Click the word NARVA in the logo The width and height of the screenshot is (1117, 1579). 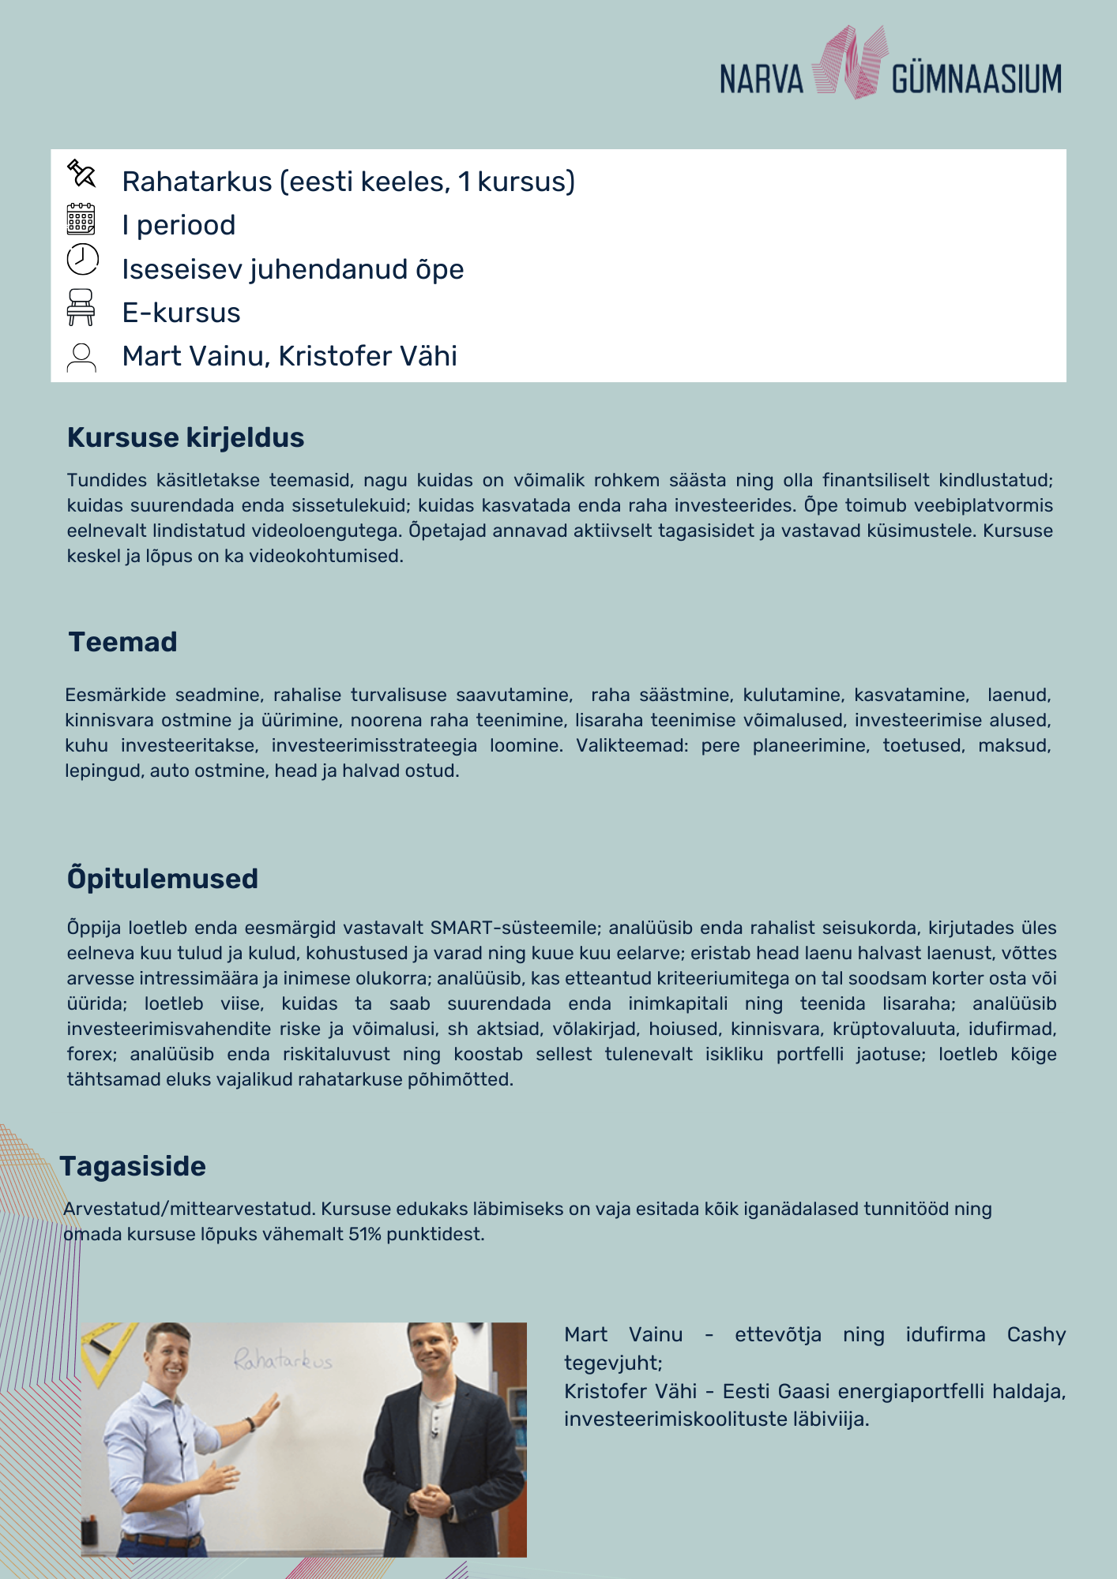click(761, 80)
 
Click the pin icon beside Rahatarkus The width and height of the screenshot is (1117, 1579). click(81, 174)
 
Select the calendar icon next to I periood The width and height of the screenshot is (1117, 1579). click(81, 219)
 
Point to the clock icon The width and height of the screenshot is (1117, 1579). click(82, 260)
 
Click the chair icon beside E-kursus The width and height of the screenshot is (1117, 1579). click(81, 307)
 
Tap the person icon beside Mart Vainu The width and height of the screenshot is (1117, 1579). click(81, 357)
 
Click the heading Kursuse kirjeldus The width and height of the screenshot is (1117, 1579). click(186, 437)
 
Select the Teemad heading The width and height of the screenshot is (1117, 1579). click(122, 642)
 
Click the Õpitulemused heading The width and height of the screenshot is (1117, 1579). click(163, 879)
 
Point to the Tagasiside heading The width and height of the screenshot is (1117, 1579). click(133, 1166)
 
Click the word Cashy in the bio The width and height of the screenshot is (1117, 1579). click(1036, 1335)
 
